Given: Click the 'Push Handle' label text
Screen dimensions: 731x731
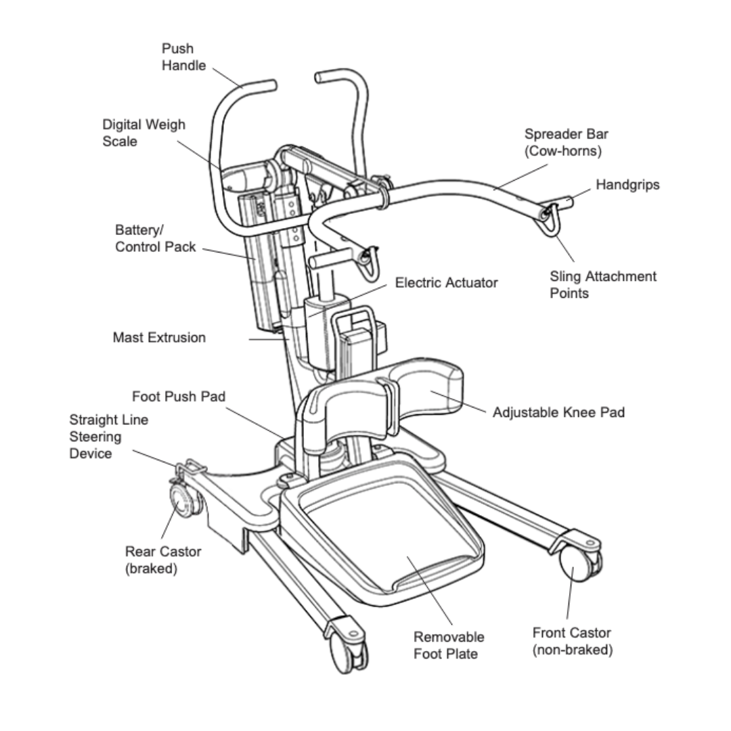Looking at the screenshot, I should coord(177,58).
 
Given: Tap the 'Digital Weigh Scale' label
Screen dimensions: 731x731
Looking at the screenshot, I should coord(143,133).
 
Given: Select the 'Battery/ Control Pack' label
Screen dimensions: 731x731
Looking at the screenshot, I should coord(155,238).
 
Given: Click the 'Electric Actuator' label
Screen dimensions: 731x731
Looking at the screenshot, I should coord(446,283).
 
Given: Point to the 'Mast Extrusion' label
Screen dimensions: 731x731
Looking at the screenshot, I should coord(159,337).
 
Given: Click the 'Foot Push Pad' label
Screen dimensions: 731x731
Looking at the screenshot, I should coord(179,396).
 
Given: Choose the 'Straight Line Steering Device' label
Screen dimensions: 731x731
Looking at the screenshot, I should coord(108,437).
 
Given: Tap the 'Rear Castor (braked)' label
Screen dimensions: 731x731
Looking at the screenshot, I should coord(162,560).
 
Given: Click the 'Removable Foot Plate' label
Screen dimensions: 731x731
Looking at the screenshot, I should coord(449,645).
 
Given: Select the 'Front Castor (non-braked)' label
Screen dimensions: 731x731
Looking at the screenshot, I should coord(571,641).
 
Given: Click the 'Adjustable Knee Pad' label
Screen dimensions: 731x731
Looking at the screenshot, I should coord(558,412).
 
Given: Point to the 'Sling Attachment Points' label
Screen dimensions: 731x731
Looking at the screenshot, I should coord(602,284).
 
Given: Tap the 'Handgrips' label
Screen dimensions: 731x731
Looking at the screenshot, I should coord(627,185).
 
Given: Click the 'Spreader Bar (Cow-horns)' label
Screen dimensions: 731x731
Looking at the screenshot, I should coord(566,142).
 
